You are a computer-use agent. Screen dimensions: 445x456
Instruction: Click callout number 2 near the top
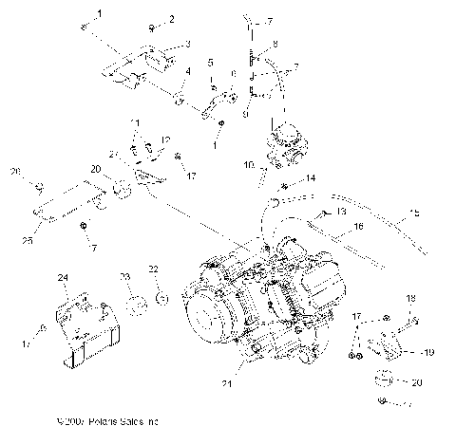point(172,19)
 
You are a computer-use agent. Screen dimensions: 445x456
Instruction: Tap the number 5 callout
point(210,64)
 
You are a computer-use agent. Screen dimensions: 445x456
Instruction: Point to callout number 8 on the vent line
point(275,45)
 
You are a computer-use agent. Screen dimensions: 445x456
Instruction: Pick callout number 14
point(310,178)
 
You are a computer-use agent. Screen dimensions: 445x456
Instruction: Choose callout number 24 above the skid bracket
point(64,278)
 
